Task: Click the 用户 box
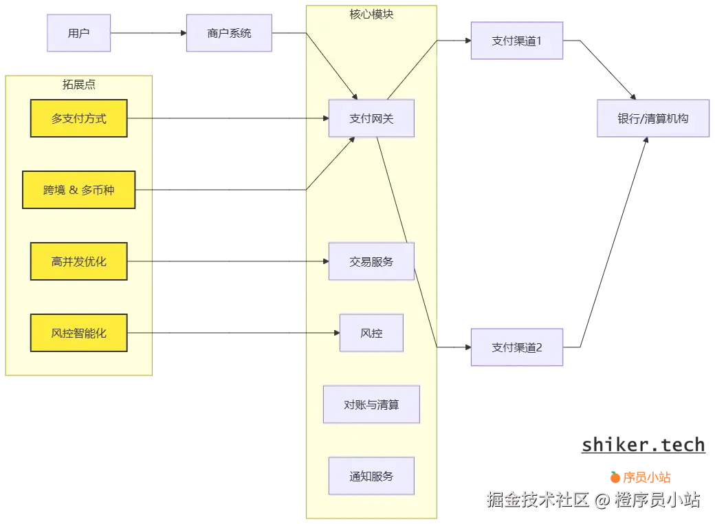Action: [x=79, y=33]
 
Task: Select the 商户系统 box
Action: [x=229, y=33]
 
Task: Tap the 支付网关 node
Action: [x=371, y=118]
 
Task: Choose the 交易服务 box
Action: [x=371, y=261]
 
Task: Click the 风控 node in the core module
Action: [x=371, y=333]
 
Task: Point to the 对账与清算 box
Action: [x=371, y=404]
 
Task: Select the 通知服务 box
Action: [x=371, y=476]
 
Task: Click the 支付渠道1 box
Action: [x=517, y=41]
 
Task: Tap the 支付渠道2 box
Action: [x=517, y=347]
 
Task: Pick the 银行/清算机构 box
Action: [x=652, y=118]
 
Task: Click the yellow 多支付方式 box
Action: [x=79, y=118]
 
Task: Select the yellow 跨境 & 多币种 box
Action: [x=79, y=190]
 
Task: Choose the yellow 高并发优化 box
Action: [x=79, y=261]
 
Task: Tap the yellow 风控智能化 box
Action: [x=79, y=333]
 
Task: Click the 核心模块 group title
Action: [x=371, y=14]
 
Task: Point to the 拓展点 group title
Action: [x=79, y=85]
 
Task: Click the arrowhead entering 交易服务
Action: [x=326, y=261]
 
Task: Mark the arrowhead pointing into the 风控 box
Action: [x=337, y=333]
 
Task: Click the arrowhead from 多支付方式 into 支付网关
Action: [x=326, y=118]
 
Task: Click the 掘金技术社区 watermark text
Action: [x=536, y=499]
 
